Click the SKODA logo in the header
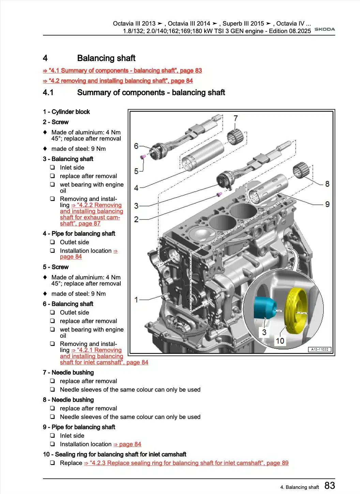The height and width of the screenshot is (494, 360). [x=325, y=29]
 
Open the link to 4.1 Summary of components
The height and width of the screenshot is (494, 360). [x=122, y=71]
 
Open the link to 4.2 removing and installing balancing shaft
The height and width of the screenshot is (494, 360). [x=118, y=81]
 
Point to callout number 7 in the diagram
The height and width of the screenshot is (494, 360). [x=236, y=118]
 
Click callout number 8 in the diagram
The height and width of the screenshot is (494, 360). [x=327, y=184]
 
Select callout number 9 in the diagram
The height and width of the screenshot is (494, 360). [x=327, y=204]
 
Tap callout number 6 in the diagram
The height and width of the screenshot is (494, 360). [x=136, y=146]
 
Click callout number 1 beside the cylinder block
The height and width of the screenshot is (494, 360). [x=136, y=300]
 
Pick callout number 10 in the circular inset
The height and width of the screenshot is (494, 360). [x=280, y=341]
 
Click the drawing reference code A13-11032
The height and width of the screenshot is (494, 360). [x=320, y=349]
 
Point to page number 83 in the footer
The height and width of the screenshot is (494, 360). [x=330, y=485]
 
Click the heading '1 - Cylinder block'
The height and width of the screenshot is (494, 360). [x=66, y=112]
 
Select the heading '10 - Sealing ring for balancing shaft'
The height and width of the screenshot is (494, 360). [x=115, y=454]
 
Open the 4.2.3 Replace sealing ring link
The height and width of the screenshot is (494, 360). [x=186, y=463]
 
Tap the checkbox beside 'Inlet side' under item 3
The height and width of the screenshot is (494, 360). [x=52, y=168]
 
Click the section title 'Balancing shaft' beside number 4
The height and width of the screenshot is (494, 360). [x=106, y=58]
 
